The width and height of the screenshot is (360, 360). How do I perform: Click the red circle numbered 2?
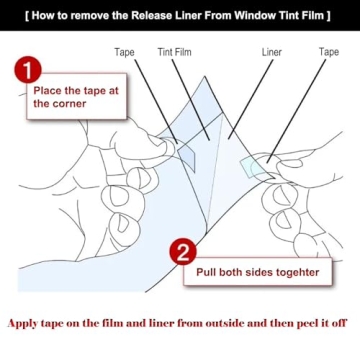click(x=183, y=250)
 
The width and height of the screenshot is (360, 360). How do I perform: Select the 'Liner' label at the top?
click(x=272, y=52)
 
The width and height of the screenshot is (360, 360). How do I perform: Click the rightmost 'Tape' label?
click(x=329, y=52)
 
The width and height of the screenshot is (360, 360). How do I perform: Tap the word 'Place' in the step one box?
click(x=49, y=88)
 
